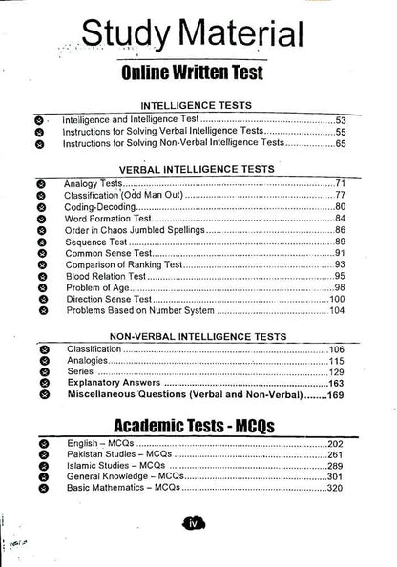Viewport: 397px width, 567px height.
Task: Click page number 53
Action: (340, 121)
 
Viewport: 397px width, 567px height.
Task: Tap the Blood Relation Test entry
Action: (108, 275)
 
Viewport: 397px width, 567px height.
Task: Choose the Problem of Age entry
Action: (99, 287)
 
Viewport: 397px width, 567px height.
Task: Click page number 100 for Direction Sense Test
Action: (337, 299)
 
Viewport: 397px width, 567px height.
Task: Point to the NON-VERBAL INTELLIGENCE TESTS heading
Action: (198, 336)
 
